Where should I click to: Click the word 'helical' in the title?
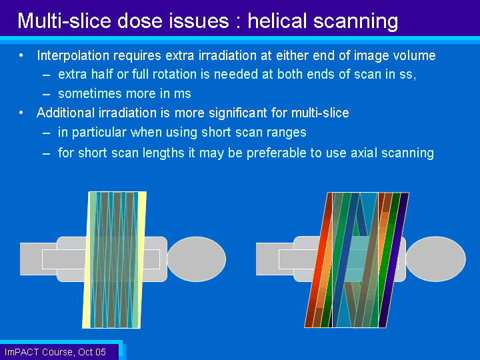[x=277, y=21]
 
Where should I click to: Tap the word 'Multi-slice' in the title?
[x=64, y=21]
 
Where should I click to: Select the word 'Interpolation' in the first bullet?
[x=73, y=56]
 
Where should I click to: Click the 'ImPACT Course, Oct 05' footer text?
[x=55, y=352]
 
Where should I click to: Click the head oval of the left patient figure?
[x=197, y=259]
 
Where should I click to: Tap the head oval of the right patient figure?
[x=436, y=259]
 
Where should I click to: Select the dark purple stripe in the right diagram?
[x=394, y=260]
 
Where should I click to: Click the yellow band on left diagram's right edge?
[x=141, y=260]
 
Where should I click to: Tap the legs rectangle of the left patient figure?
[x=38, y=259]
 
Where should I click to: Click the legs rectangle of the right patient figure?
[x=275, y=259]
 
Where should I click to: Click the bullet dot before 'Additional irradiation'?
[x=21, y=113]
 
